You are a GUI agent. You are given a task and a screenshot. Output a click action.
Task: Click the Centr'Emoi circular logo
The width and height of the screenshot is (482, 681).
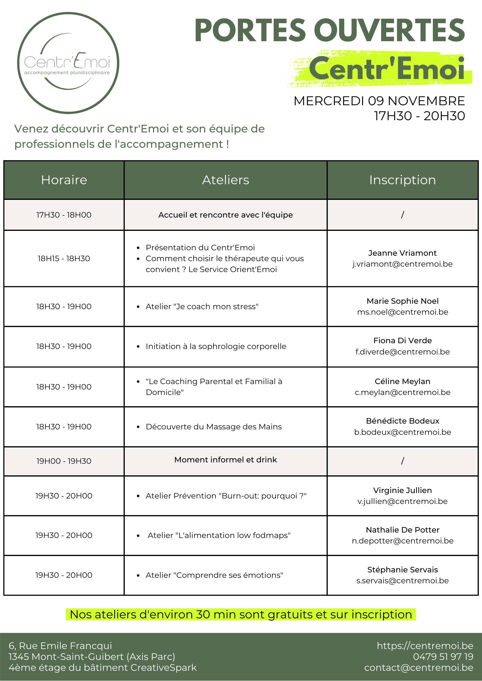[x=68, y=63]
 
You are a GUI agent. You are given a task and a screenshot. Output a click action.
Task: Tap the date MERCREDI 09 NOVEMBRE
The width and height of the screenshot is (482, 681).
[x=379, y=101]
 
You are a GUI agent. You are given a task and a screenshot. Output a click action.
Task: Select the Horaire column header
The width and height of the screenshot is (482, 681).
[x=64, y=180]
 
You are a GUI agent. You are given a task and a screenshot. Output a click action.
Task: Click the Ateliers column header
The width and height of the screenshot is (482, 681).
[x=225, y=180]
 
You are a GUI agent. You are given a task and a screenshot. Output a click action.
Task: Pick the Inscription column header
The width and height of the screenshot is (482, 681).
[x=402, y=180]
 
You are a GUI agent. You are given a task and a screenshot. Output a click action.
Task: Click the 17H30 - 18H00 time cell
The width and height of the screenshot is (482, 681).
[x=64, y=215]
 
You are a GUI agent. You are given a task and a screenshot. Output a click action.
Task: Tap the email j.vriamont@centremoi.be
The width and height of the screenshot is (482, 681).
[x=402, y=264]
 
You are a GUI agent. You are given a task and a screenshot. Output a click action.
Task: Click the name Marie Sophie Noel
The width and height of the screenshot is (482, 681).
[x=402, y=301]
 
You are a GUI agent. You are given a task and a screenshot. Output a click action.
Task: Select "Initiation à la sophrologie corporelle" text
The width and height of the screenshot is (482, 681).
[x=216, y=346]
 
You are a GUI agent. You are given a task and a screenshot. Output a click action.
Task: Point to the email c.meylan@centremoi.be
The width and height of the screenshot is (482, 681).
[x=402, y=392]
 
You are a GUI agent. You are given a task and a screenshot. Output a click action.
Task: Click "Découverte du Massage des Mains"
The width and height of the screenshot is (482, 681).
[x=214, y=427]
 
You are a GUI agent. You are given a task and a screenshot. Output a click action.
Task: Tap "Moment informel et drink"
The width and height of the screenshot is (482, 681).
[x=225, y=460]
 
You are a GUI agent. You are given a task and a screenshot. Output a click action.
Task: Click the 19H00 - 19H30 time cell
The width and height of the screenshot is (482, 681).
[x=64, y=461]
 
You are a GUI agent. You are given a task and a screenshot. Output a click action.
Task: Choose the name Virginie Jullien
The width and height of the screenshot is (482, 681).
[x=402, y=490]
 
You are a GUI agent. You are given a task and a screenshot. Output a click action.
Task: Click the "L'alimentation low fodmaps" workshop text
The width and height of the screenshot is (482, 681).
[x=219, y=535]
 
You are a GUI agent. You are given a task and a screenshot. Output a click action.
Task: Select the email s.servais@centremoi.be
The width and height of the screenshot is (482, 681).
[x=402, y=581]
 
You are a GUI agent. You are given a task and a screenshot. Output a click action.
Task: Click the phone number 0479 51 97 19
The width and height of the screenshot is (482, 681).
[x=443, y=656]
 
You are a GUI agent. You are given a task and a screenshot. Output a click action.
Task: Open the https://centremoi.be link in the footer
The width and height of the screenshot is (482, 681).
[x=425, y=646]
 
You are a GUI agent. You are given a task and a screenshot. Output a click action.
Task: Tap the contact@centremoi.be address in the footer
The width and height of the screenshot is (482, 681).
[x=419, y=667]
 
